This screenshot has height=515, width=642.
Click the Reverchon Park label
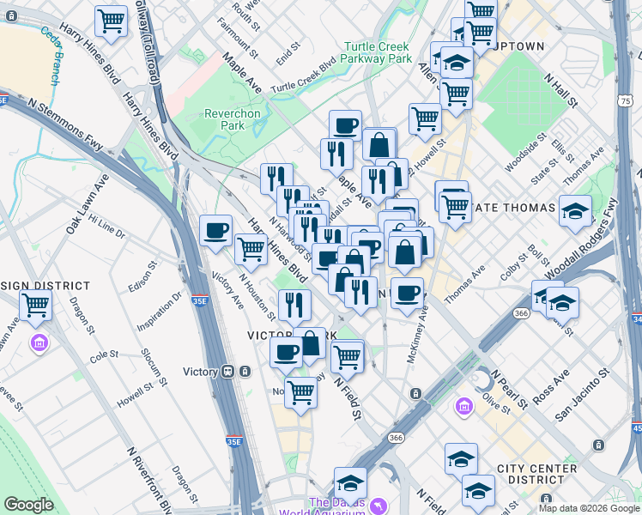(x=225, y=119)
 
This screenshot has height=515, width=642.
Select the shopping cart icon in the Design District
(x=36, y=305)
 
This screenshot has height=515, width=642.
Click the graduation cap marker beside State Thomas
(x=575, y=211)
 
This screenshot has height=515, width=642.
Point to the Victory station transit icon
(x=228, y=372)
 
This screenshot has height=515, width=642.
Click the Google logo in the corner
(x=29, y=505)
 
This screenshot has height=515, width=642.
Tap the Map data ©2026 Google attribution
(x=588, y=508)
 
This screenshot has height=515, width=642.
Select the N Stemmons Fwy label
(x=65, y=124)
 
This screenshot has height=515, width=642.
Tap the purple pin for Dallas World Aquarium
(x=378, y=506)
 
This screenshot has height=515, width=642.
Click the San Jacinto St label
(x=583, y=394)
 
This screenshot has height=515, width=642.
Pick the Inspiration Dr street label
(x=166, y=315)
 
